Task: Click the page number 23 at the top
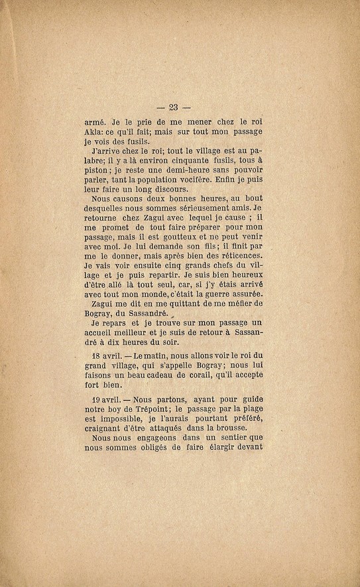175,109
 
